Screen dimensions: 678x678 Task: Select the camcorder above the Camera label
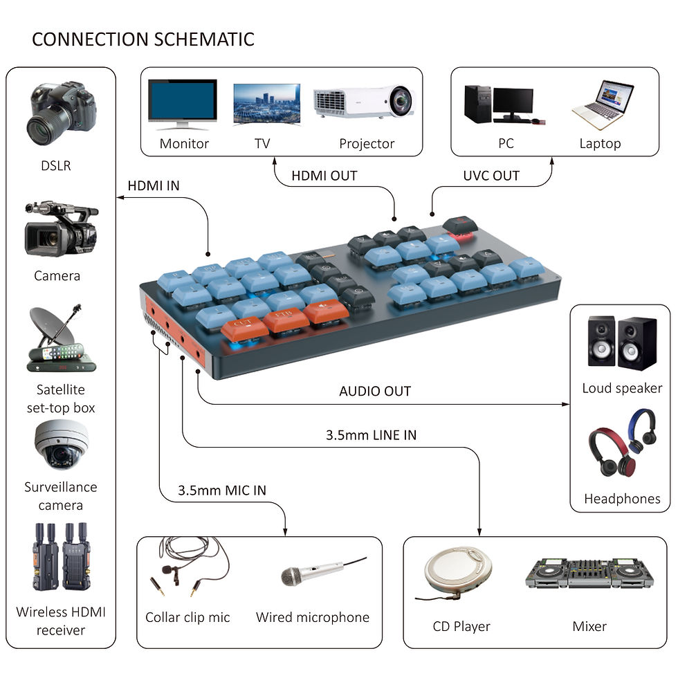pyautogui.click(x=60, y=228)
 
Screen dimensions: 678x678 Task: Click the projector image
pyautogui.click(x=363, y=103)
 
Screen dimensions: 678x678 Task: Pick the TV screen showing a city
pyautogui.click(x=266, y=104)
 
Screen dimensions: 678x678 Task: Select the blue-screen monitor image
pyautogui.click(x=183, y=104)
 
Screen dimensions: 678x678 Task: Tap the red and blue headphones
pyautogui.click(x=621, y=442)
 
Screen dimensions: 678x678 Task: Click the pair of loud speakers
pyautogui.click(x=621, y=342)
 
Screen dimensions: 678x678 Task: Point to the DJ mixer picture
pyautogui.click(x=589, y=574)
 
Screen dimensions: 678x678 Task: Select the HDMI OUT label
pyautogui.click(x=324, y=176)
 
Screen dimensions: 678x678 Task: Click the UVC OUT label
pyautogui.click(x=491, y=176)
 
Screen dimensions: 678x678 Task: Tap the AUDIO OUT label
pyautogui.click(x=374, y=391)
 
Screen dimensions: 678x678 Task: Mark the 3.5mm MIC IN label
pyautogui.click(x=221, y=491)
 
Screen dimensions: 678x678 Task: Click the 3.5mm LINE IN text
pyautogui.click(x=371, y=435)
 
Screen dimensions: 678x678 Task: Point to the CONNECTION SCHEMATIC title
pyautogui.click(x=143, y=39)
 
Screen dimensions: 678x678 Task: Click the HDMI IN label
pyautogui.click(x=153, y=186)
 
